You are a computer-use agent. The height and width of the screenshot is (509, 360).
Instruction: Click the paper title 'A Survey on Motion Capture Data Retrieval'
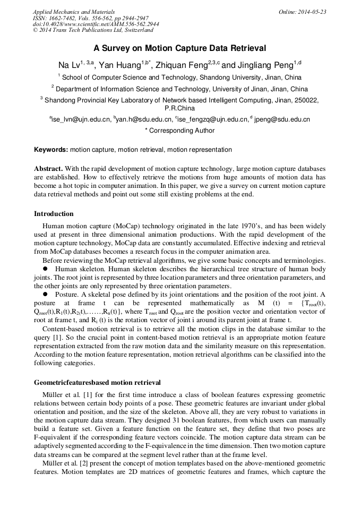pyautogui.click(x=179, y=48)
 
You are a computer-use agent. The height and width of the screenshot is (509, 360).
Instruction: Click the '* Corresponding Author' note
pyautogui.click(x=179, y=131)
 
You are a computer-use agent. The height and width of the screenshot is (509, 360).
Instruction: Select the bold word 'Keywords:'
pyautogui.click(x=51, y=150)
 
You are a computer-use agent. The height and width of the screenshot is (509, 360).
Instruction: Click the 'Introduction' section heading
pyautogui.click(x=54, y=214)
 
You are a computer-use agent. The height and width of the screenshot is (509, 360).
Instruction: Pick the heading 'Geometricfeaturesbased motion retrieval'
pyautogui.click(x=97, y=382)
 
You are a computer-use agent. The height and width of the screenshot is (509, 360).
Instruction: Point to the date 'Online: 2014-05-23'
pyautogui.click(x=303, y=12)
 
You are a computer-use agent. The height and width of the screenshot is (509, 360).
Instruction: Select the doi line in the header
pyautogui.click(x=96, y=24)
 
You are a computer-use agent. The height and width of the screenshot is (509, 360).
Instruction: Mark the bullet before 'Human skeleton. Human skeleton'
pyautogui.click(x=45, y=269)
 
